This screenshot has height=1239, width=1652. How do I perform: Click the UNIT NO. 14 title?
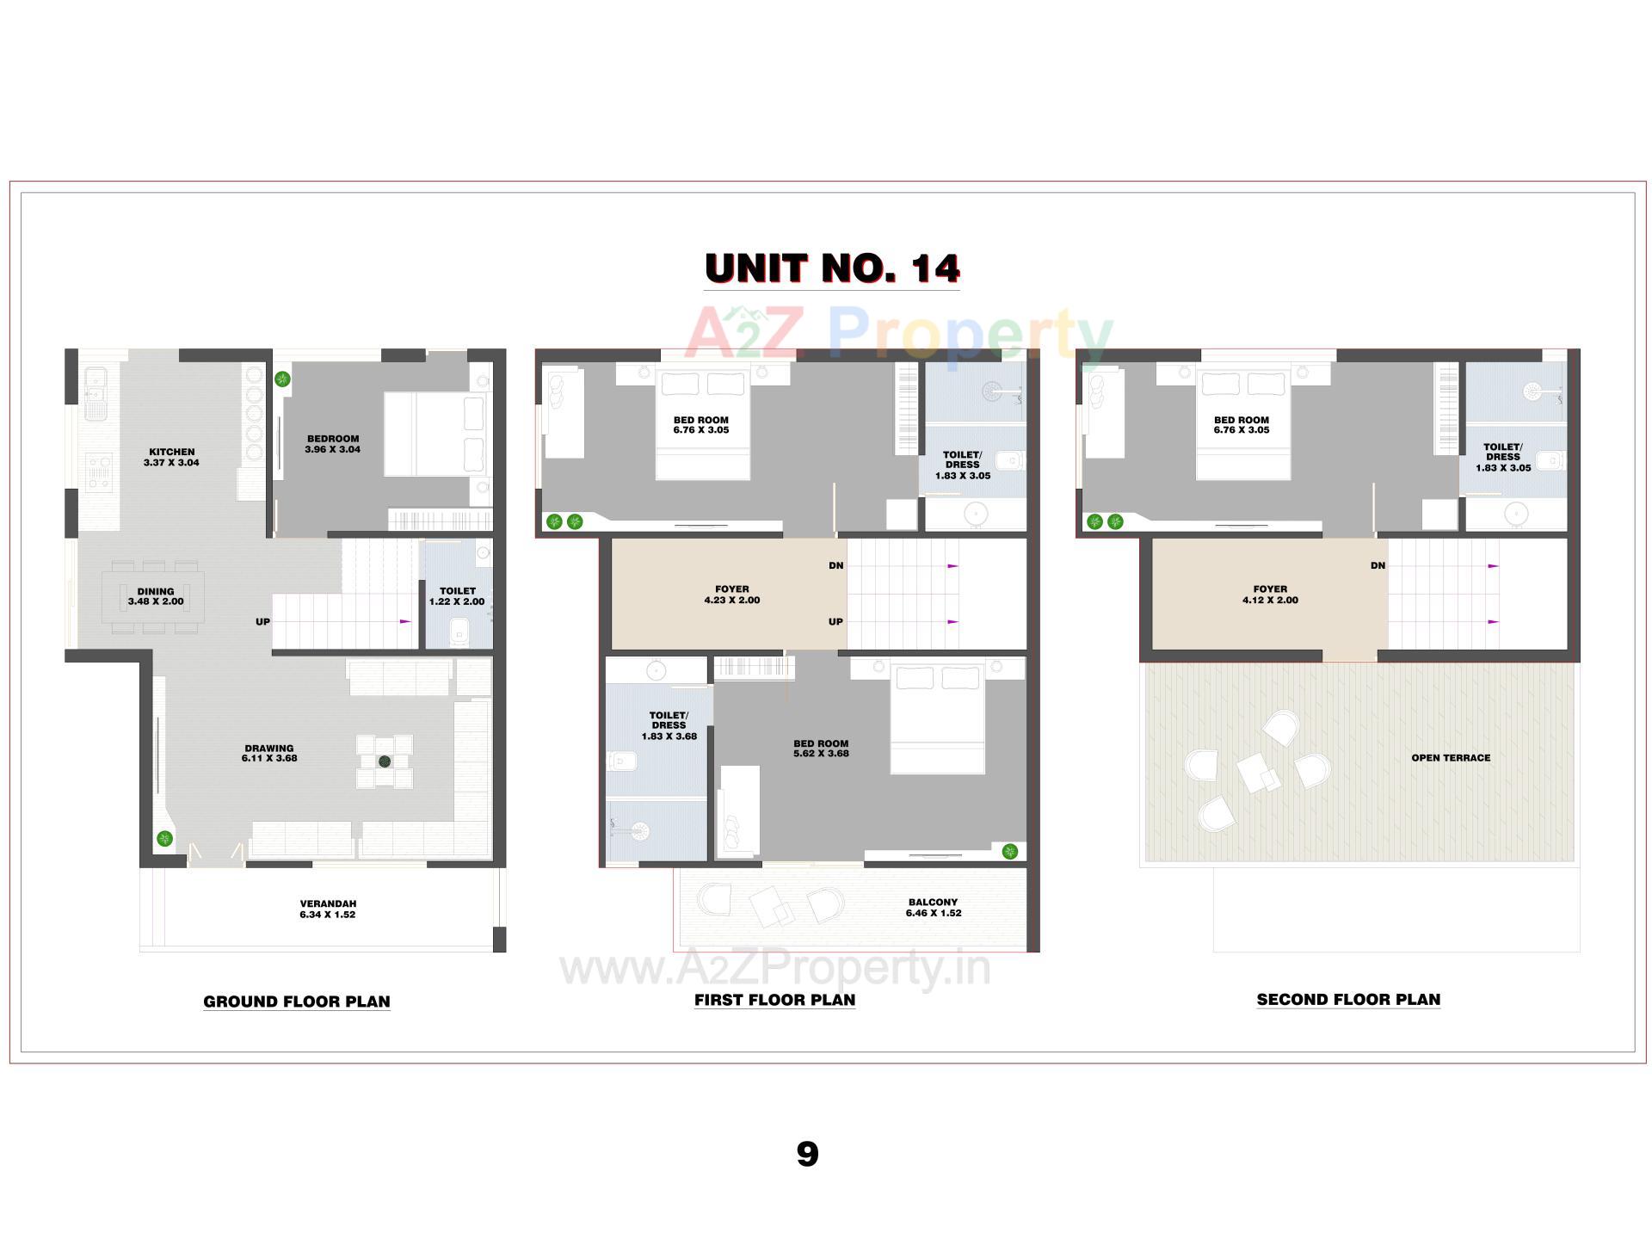(x=831, y=268)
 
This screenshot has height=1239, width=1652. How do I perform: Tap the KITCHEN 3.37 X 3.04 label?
(x=171, y=457)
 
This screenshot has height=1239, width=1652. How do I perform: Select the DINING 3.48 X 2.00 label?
(x=156, y=596)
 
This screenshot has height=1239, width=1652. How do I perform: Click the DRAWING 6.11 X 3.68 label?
(x=269, y=753)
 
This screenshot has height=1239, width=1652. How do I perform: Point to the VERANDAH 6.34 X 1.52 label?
(x=327, y=909)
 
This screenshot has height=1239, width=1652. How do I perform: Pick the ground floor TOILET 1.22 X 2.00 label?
(x=457, y=596)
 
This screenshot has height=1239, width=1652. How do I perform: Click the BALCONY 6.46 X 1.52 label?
(x=933, y=908)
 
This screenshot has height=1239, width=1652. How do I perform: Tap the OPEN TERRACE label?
(x=1450, y=758)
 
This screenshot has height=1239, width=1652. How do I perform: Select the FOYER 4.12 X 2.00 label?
(x=1270, y=595)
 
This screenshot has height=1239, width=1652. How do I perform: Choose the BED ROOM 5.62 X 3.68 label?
(x=821, y=748)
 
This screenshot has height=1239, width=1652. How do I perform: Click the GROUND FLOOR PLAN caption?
(x=297, y=1002)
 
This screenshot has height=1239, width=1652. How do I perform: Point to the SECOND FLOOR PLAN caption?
(x=1347, y=1000)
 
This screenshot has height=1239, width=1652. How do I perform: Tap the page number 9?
(x=807, y=1154)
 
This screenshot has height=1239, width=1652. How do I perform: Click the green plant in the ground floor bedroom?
(x=282, y=379)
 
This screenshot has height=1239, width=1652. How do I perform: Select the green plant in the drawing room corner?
(x=164, y=839)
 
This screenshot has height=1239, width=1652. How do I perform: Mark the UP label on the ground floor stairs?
(x=262, y=621)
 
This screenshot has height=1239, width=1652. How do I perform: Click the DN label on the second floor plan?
(x=1378, y=565)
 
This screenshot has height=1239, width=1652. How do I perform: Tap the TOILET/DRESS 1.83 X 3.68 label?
(x=669, y=725)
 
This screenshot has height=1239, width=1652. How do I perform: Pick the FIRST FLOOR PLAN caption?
(x=774, y=1000)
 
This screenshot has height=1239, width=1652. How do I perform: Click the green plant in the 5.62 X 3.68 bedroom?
(x=1010, y=852)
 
